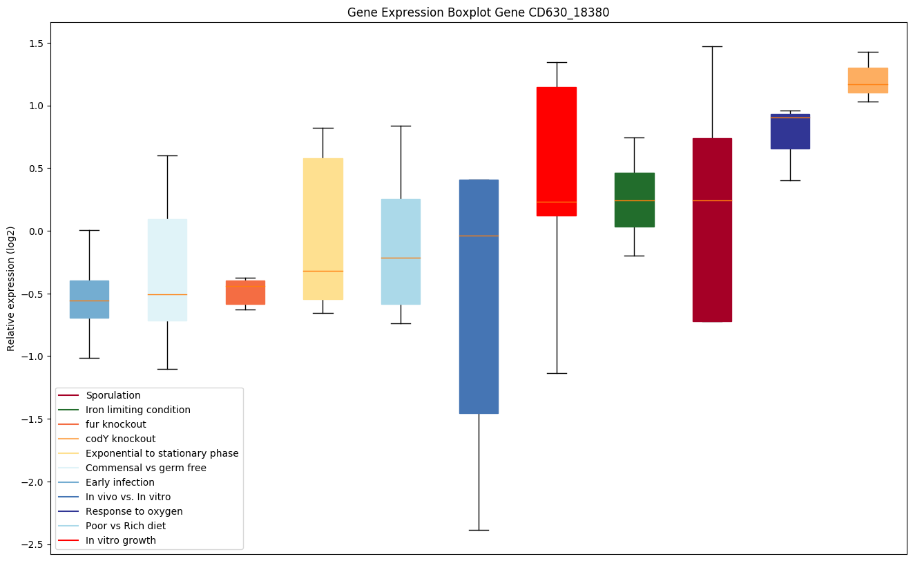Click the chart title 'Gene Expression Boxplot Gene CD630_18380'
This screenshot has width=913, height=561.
[479, 12]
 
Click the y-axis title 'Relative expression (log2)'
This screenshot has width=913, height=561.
[11, 287]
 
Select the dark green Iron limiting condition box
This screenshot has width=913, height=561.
[634, 200]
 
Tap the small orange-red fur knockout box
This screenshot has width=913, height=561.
[245, 293]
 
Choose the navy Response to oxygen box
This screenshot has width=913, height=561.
[790, 131]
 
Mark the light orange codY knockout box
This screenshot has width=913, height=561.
[867, 80]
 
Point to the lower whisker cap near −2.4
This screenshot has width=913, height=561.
[479, 530]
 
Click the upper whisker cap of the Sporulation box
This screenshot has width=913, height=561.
[712, 46]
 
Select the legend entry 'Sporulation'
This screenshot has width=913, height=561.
[113, 396]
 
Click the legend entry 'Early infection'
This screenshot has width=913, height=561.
[120, 483]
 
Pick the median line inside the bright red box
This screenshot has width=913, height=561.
[556, 202]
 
